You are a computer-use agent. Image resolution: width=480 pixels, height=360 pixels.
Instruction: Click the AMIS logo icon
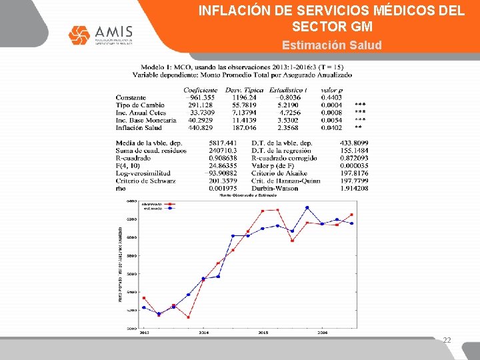pos(79,35)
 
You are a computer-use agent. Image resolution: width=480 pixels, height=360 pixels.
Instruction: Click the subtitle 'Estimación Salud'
pos(331,45)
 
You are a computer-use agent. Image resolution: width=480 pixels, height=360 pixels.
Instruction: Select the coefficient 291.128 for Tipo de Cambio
pos(200,105)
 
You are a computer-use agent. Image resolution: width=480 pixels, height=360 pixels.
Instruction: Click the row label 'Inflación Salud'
pos(139,127)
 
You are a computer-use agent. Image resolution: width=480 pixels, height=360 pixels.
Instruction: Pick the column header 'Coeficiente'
pos(200,90)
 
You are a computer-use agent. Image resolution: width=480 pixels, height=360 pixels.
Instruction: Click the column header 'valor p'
pos(331,90)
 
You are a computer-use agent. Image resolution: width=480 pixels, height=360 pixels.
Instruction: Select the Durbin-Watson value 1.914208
pos(353,188)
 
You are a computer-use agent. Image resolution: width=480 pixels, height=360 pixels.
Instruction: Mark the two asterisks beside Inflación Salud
pos(359,127)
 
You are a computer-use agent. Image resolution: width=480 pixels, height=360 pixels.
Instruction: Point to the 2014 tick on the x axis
pos(203,331)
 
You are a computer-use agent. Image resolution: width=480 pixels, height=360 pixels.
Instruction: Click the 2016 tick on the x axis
pos(322,331)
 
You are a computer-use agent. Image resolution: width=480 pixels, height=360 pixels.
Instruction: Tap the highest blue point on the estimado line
pos(307,207)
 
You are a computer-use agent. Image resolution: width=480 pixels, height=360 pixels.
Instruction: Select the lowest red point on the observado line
pos(188,317)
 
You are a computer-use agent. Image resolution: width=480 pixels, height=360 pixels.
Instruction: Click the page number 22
pos(447,340)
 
